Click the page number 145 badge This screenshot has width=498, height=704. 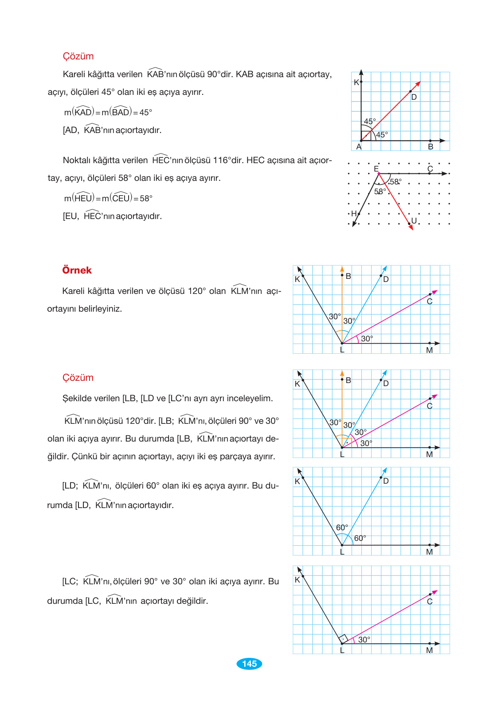point(249,664)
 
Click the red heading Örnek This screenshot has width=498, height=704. point(77,270)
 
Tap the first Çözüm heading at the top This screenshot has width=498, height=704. point(78,56)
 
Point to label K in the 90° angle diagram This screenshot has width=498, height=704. point(356,82)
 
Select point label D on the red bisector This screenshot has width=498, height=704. point(414,97)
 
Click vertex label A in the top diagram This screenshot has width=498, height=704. point(359,147)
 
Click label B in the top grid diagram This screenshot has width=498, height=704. point(431,147)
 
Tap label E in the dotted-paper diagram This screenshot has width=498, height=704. point(376,169)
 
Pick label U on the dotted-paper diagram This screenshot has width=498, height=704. point(414,221)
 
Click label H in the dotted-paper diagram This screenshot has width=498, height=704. point(353,214)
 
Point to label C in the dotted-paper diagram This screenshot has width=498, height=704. point(430,169)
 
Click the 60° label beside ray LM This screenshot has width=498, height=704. point(360,538)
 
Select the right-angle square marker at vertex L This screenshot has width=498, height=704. point(343,639)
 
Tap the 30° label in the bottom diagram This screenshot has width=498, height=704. point(364,640)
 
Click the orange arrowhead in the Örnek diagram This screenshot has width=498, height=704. point(342,269)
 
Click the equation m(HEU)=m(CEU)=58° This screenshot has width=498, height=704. point(108,198)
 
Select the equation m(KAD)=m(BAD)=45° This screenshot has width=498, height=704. point(108,112)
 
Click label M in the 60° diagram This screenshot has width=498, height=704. point(429,552)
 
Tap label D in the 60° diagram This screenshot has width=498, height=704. point(386,481)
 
